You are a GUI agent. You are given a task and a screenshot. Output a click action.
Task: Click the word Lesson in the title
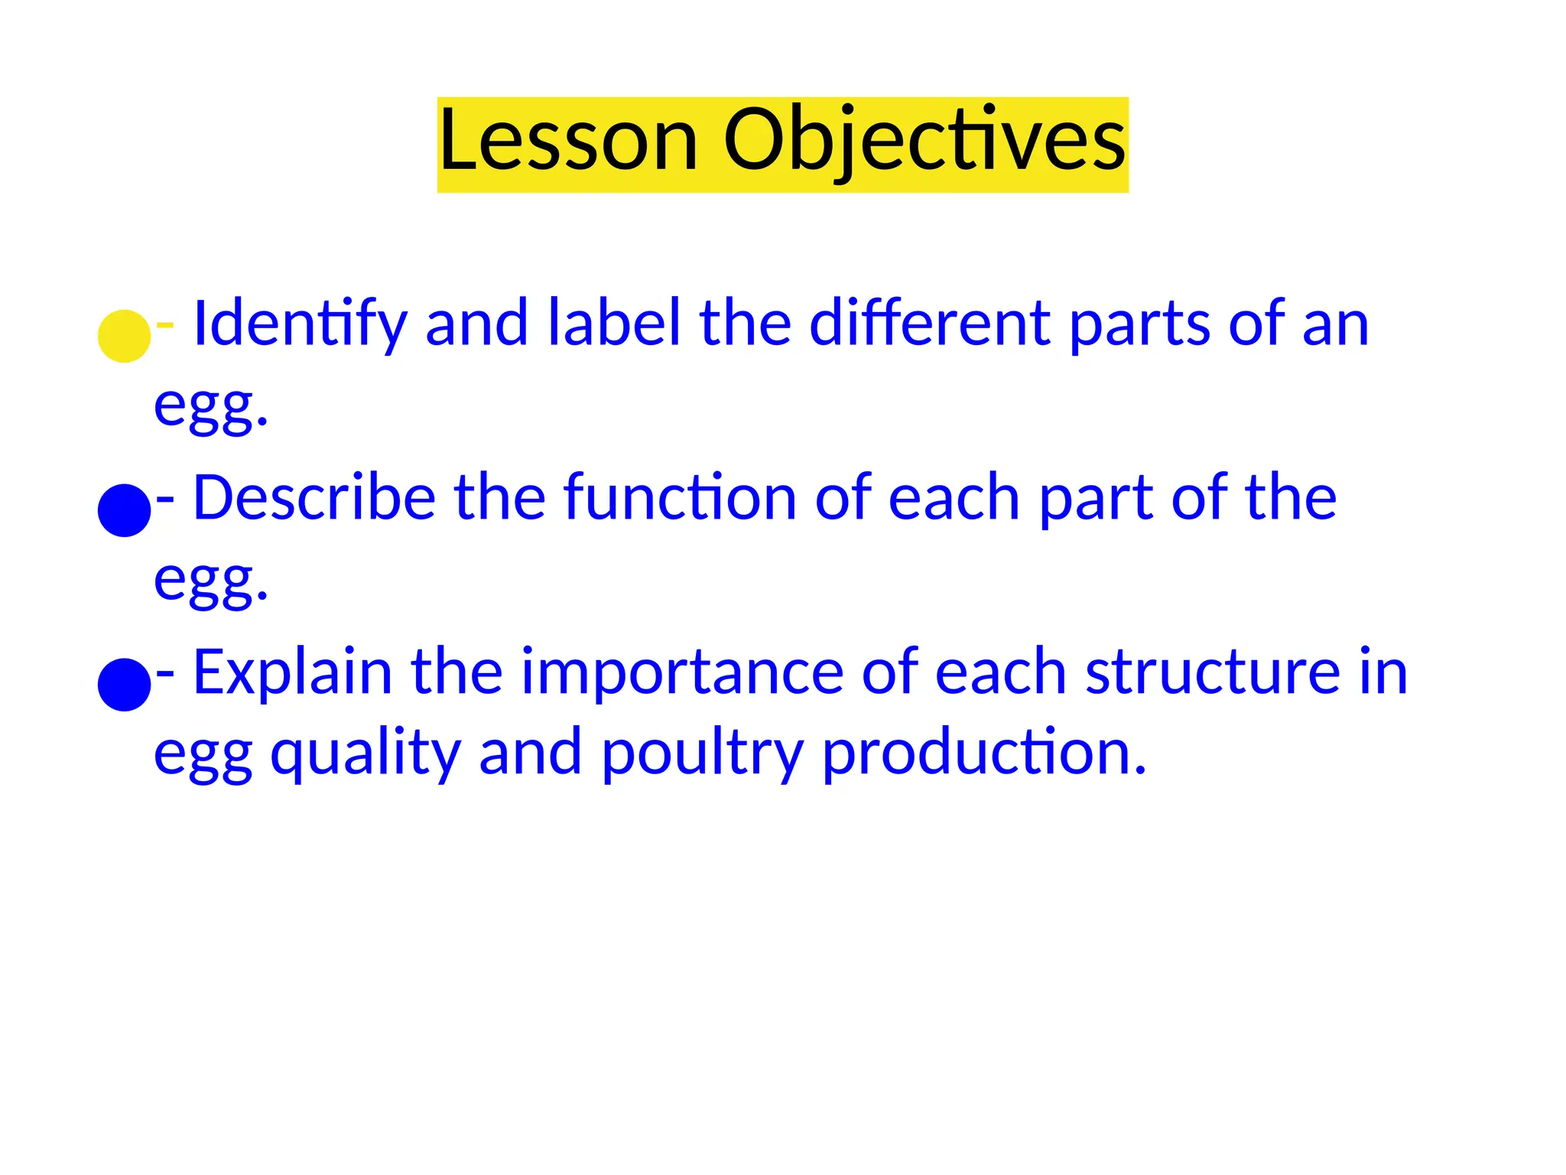(568, 142)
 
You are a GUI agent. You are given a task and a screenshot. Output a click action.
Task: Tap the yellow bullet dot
(124, 336)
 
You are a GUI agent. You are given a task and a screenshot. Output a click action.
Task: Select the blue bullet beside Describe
(124, 510)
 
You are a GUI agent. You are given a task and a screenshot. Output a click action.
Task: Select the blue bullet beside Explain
(124, 685)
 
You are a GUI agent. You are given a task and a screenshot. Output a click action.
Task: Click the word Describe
(314, 498)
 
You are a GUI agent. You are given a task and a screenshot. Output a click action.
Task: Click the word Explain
(292, 672)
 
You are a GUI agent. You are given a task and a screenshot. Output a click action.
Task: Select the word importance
(682, 674)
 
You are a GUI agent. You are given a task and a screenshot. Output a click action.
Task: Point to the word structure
(1213, 672)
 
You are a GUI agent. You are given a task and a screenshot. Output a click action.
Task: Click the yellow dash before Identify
(164, 325)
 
